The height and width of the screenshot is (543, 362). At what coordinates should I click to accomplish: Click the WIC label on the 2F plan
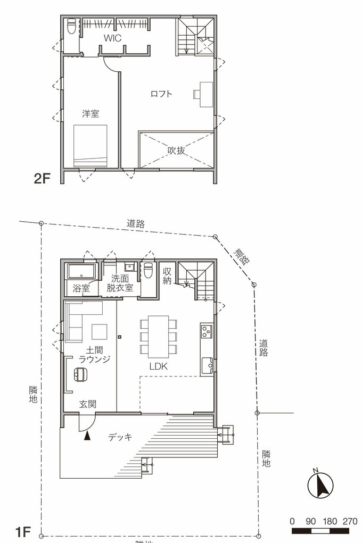tap(112, 38)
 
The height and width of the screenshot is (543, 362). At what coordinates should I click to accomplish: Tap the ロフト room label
tap(161, 94)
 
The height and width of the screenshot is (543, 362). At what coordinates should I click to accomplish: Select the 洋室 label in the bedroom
tap(90, 113)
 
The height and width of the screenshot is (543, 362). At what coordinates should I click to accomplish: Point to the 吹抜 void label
tap(176, 151)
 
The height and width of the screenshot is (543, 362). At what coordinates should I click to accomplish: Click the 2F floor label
tap(42, 179)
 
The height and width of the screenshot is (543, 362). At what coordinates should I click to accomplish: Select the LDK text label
tap(158, 366)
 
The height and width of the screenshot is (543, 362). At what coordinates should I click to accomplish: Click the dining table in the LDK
tap(158, 337)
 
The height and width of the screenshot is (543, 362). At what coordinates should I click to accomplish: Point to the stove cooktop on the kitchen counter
tap(206, 332)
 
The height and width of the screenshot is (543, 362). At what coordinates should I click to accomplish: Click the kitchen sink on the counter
tap(207, 365)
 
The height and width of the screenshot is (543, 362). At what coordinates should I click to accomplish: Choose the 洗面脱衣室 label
tap(120, 283)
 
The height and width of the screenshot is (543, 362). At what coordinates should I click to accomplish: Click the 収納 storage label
tap(167, 275)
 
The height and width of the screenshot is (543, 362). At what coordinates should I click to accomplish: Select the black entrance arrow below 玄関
tap(87, 436)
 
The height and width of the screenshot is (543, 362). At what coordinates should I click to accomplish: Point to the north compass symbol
tap(320, 483)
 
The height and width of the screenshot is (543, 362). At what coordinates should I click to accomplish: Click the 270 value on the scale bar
tap(350, 521)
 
